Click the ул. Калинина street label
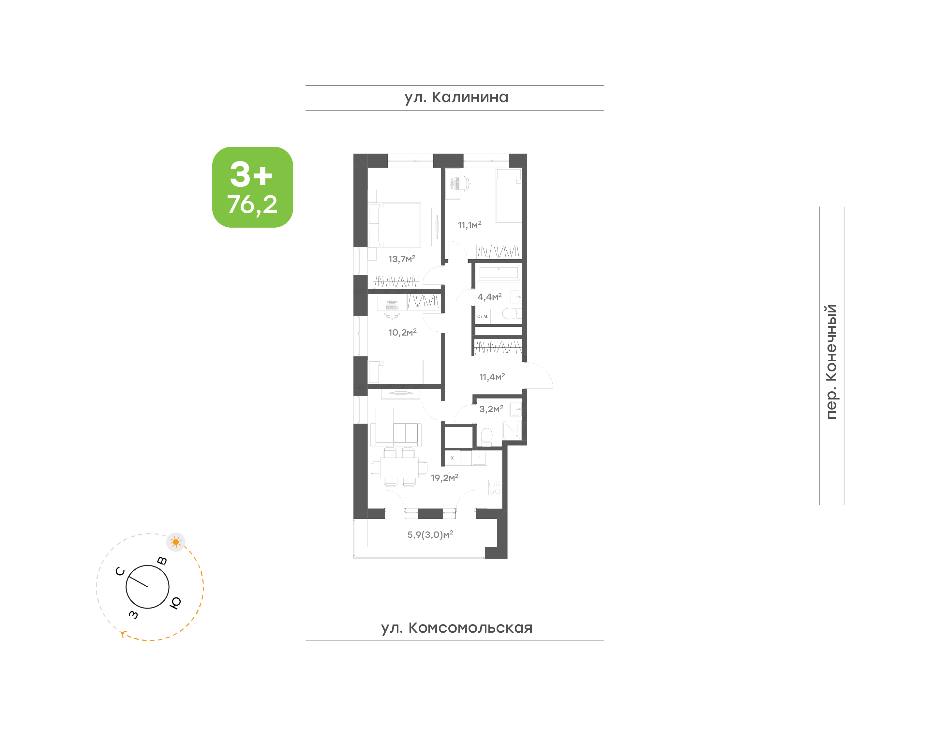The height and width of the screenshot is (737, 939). tap(456, 98)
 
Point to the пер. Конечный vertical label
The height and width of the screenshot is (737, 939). tap(831, 362)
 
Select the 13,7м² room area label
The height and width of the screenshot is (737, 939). tap(402, 259)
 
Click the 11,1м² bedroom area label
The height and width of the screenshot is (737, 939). tap(469, 225)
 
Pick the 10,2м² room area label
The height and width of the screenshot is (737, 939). tap(402, 332)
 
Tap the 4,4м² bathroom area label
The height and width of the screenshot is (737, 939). tap(490, 297)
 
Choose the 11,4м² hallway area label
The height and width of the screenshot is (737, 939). tap(492, 377)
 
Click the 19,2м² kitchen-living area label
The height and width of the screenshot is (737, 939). tap(445, 478)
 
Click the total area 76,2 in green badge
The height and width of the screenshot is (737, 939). tap(252, 204)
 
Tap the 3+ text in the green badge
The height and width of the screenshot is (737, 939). tap(251, 174)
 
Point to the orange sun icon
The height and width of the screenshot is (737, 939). tap(175, 542)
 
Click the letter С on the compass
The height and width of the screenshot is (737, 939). tap(120, 572)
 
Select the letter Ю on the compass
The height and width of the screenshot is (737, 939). tap(175, 602)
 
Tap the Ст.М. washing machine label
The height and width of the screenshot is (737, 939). tap(482, 317)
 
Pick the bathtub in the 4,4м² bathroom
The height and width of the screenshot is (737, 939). tap(498, 274)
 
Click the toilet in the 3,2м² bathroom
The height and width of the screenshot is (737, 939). tap(486, 437)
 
